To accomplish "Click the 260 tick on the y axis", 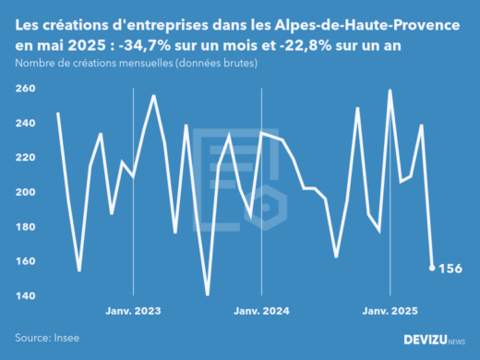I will pos(25,89).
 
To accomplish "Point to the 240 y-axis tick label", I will pos(25,123).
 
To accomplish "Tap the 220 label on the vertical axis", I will pos(25,158).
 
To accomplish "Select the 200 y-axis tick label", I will pos(25,192).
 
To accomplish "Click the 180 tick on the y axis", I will pos(25,227).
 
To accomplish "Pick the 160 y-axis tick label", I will pos(25,261).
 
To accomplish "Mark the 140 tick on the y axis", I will pos(25,296).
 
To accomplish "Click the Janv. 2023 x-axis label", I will pos(134,311).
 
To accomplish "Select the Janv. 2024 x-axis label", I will pos(262,311).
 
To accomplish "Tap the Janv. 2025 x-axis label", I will pos(389,311).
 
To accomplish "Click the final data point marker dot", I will pos(432,269).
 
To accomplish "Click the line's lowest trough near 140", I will pos(207,295).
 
